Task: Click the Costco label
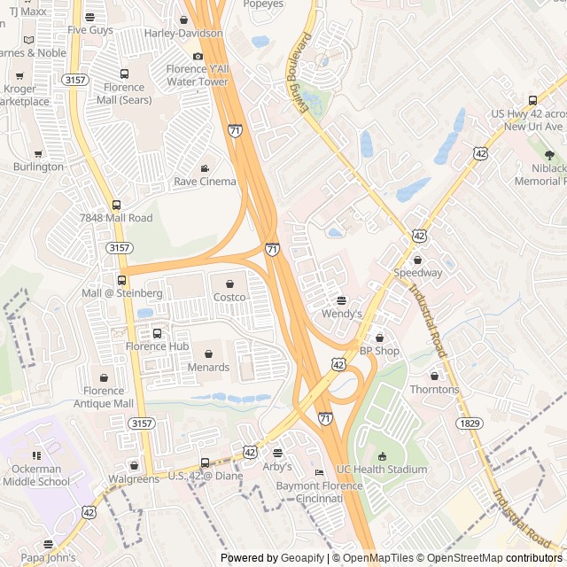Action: pyautogui.click(x=229, y=298)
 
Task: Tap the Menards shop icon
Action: pyautogui.click(x=208, y=353)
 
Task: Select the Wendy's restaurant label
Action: pyautogui.click(x=342, y=314)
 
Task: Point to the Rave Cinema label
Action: pyautogui.click(x=205, y=182)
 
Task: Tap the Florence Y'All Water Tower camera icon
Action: pyautogui.click(x=198, y=57)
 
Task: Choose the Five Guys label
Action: pyautogui.click(x=90, y=29)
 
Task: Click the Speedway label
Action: pyautogui.click(x=417, y=273)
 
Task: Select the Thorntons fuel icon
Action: pyautogui.click(x=434, y=376)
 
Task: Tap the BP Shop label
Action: pyautogui.click(x=379, y=351)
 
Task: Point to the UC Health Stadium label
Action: pyautogui.click(x=382, y=470)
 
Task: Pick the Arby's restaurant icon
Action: pyautogui.click(x=277, y=453)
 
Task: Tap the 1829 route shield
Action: pyautogui.click(x=470, y=424)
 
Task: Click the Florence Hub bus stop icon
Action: pyautogui.click(x=158, y=333)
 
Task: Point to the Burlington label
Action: pyautogui.click(x=38, y=167)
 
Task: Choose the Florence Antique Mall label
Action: pyautogui.click(x=104, y=397)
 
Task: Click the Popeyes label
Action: pyautogui.click(x=262, y=4)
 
